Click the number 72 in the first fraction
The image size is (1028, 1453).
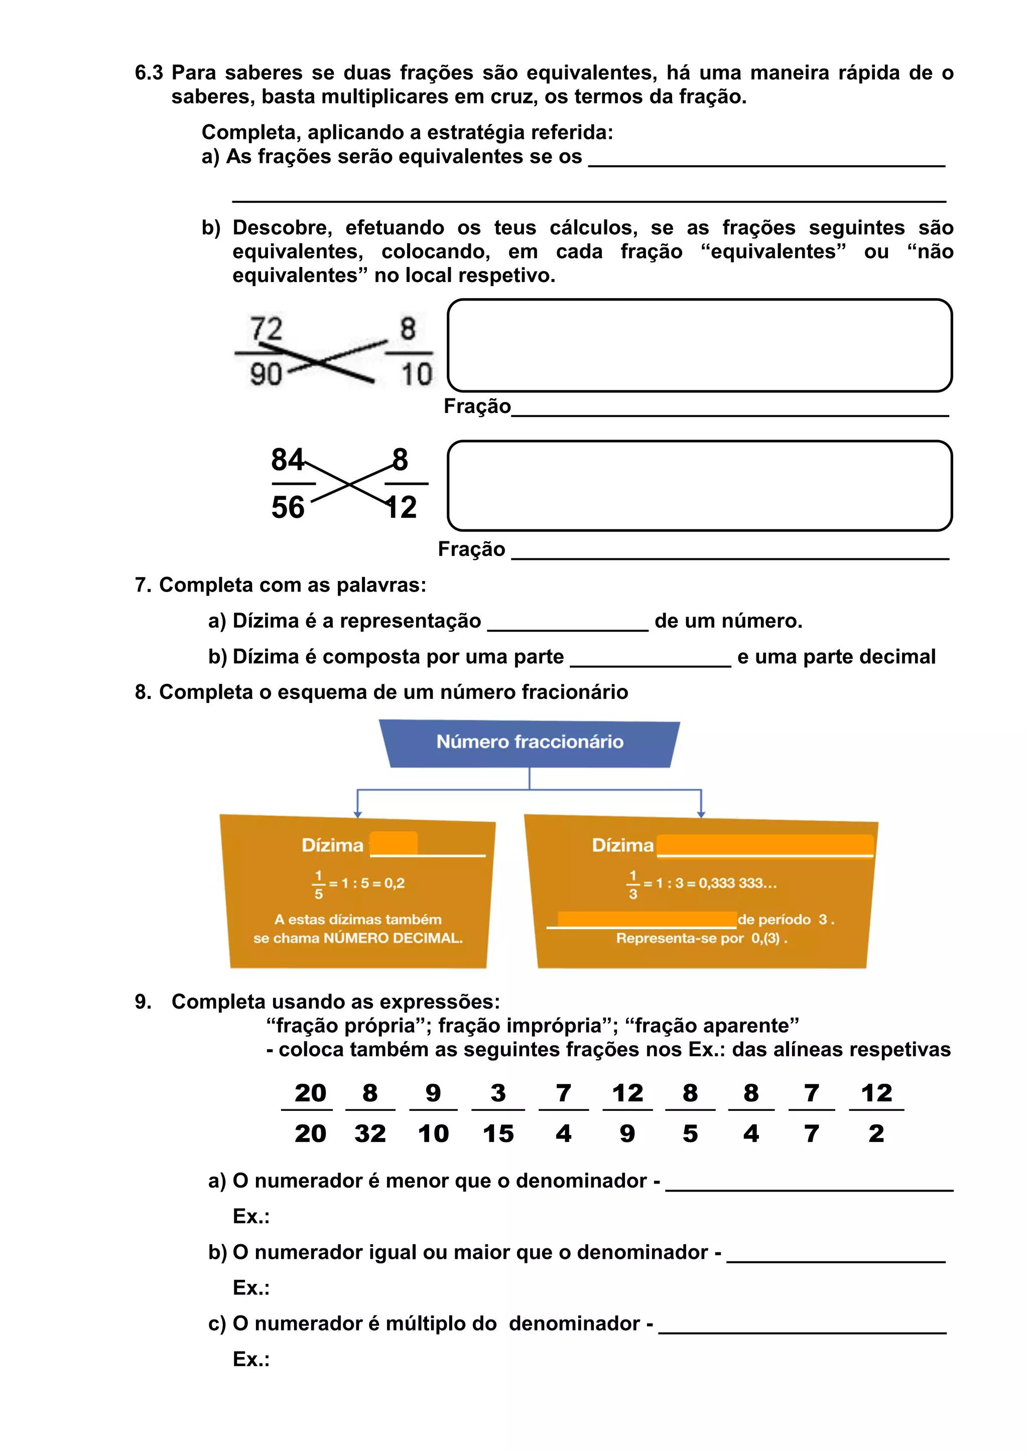(266, 329)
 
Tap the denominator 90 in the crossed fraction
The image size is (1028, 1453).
(266, 374)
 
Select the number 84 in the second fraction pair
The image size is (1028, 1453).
(288, 460)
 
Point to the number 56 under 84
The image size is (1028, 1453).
(288, 508)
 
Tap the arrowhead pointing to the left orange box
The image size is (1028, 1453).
(358, 814)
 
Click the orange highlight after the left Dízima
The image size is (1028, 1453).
(394, 843)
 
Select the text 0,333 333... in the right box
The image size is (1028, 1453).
(737, 884)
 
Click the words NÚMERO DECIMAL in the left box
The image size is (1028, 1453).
(393, 938)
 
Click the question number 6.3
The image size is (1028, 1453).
(149, 73)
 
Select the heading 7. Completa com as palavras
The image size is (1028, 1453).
(281, 585)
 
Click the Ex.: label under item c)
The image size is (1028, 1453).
(251, 1359)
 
